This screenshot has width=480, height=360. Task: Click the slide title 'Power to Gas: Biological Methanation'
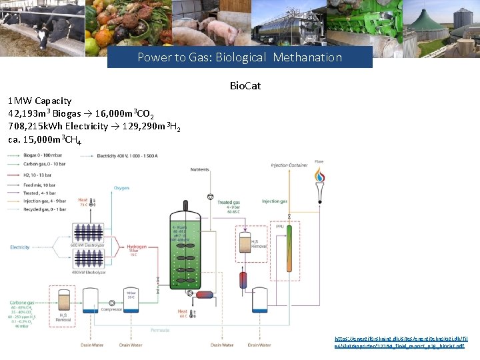pos(239,57)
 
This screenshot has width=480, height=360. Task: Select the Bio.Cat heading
pos(245,86)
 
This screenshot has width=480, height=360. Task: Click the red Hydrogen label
pos(136,247)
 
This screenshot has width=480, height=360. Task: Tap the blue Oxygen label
pos(121,188)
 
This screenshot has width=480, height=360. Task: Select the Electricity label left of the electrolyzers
pos(20,247)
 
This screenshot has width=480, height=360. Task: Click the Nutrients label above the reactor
pos(199,170)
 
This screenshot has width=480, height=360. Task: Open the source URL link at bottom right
pos(400,342)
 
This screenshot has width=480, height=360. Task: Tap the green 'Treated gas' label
pos(228,202)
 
